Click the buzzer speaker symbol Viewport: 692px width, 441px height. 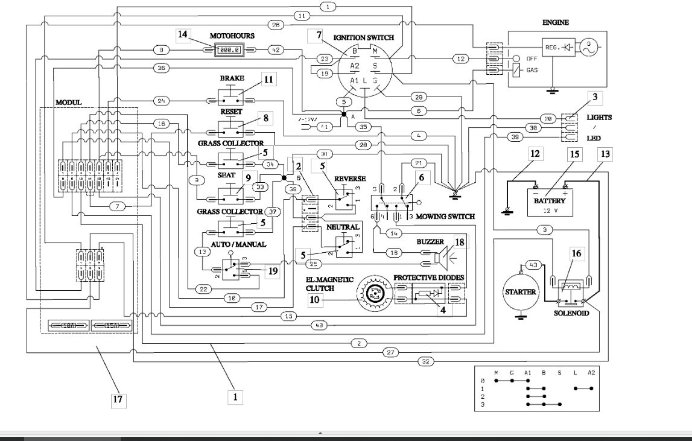(443, 258)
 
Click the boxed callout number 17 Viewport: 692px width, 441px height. (119, 399)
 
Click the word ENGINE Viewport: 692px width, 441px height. (556, 22)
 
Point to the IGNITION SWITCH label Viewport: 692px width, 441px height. (359, 37)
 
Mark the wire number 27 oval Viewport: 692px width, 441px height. (390, 352)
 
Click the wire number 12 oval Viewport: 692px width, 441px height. (460, 59)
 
